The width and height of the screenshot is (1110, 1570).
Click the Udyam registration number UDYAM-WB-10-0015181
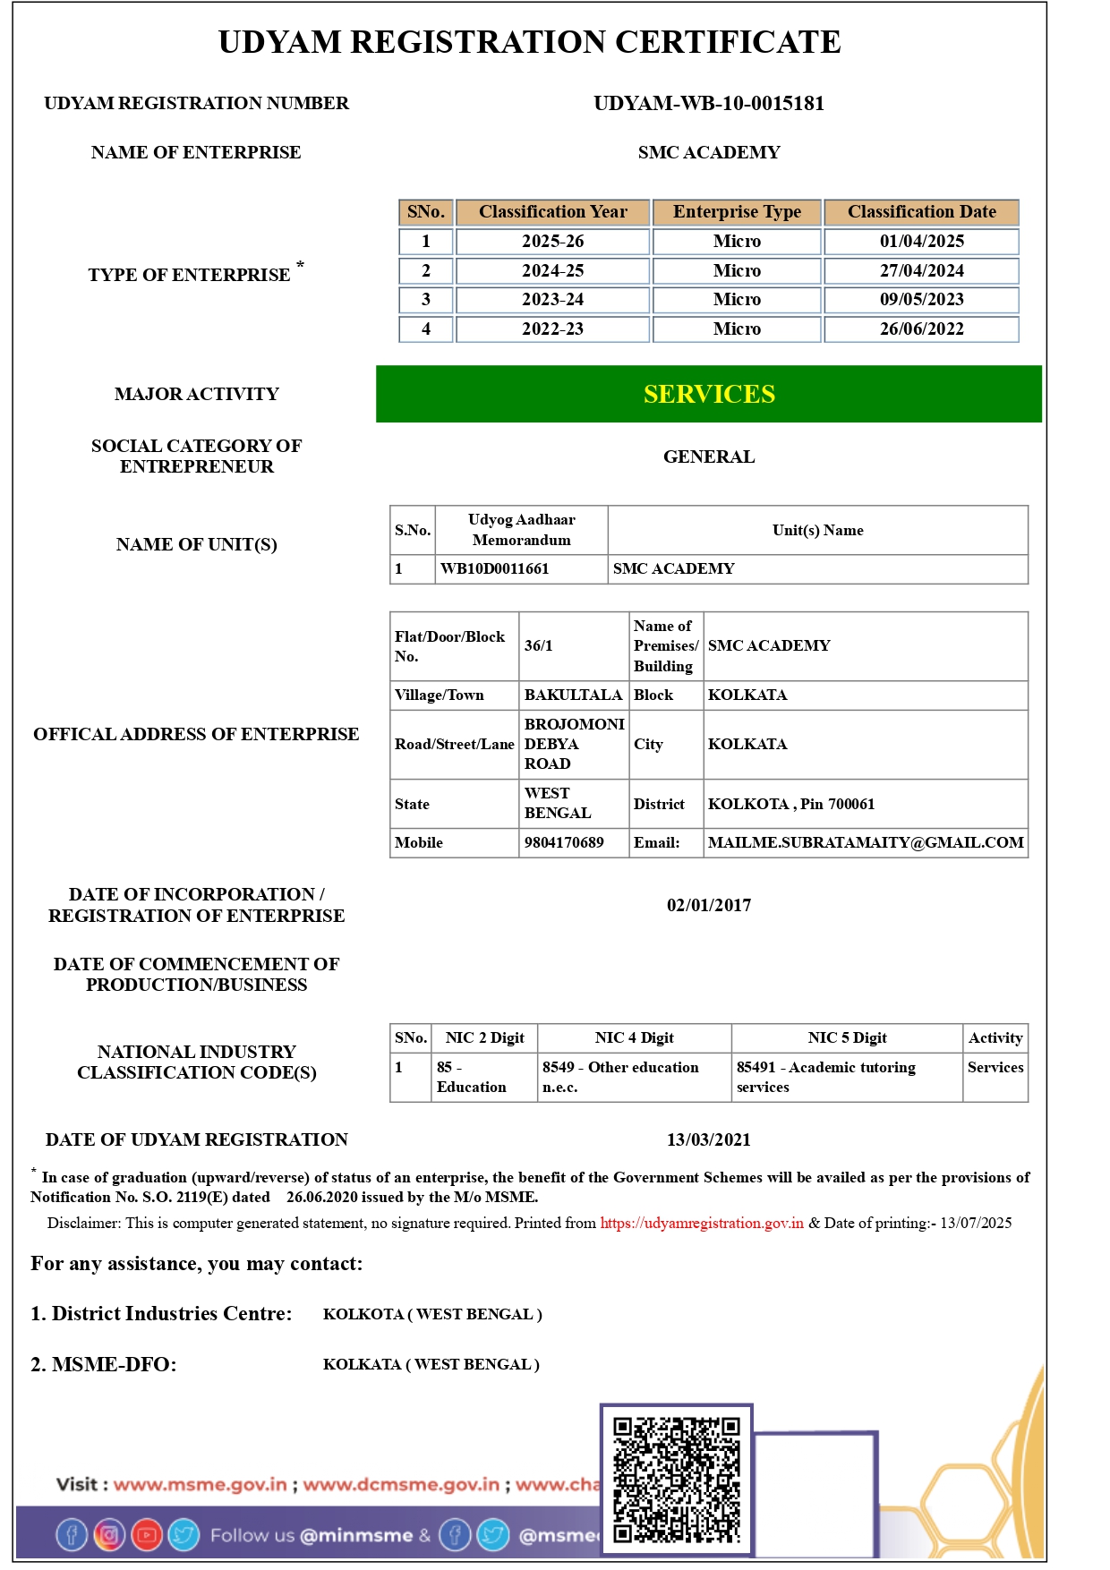(708, 104)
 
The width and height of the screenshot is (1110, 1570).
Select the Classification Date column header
(921, 212)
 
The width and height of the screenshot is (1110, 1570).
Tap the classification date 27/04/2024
(921, 270)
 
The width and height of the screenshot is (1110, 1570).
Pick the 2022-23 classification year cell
(552, 329)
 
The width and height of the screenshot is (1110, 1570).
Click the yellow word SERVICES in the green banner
(709, 395)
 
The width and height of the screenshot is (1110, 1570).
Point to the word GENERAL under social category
(709, 457)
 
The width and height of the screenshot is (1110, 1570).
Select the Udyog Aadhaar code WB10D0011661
(494, 569)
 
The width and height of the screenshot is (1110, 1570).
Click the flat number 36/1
(539, 646)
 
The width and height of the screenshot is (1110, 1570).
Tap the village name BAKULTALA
(573, 695)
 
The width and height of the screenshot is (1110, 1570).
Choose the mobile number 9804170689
(564, 843)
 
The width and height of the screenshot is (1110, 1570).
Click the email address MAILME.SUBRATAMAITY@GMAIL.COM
(866, 843)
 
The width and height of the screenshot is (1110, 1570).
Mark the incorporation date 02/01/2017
(709, 906)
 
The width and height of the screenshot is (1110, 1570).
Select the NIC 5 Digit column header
(847, 1038)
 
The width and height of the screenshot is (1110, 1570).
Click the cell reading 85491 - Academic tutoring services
(825, 1078)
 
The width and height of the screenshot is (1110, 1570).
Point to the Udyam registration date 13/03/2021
(709, 1140)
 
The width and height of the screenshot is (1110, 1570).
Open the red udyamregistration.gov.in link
(702, 1224)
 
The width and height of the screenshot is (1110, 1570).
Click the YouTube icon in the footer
(147, 1535)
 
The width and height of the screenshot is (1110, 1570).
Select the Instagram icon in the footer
(109, 1535)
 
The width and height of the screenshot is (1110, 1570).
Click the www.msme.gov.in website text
(201, 1485)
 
